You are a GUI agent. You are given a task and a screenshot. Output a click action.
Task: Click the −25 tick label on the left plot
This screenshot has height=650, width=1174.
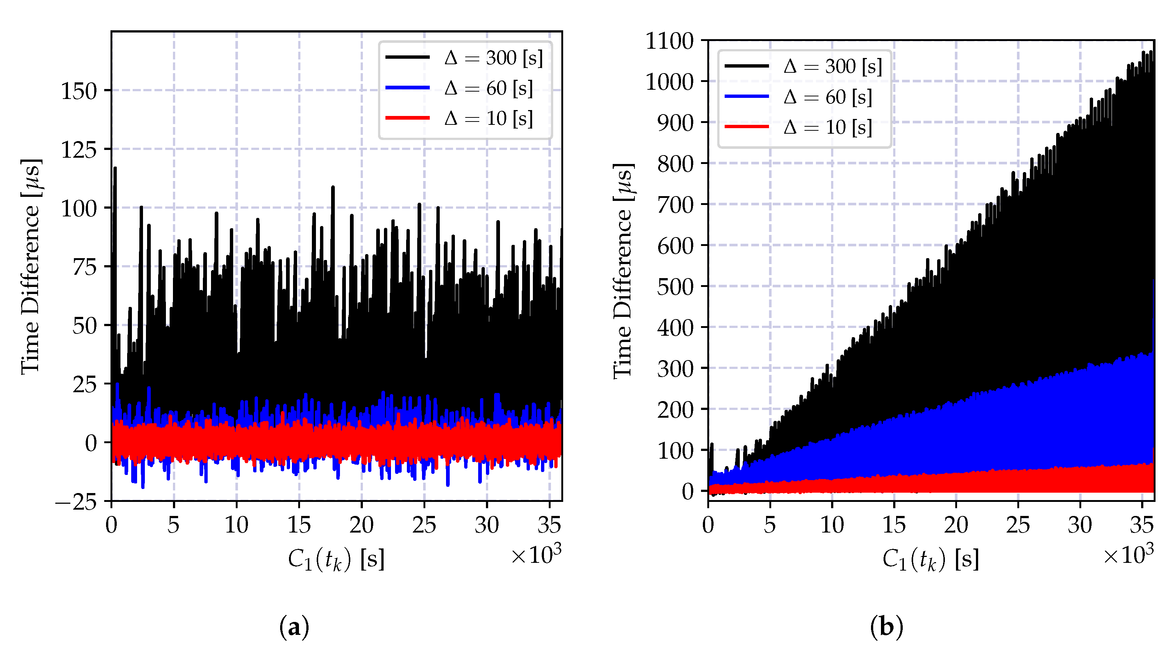pos(76,502)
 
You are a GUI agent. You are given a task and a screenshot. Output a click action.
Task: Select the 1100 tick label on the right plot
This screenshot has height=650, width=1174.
pos(669,41)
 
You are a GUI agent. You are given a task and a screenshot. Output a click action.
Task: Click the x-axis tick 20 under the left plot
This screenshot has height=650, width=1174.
pos(361,525)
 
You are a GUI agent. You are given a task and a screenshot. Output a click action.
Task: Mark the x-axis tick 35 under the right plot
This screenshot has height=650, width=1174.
pos(1141,525)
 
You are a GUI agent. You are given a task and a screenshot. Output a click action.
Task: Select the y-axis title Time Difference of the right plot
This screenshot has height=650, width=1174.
pos(623,271)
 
